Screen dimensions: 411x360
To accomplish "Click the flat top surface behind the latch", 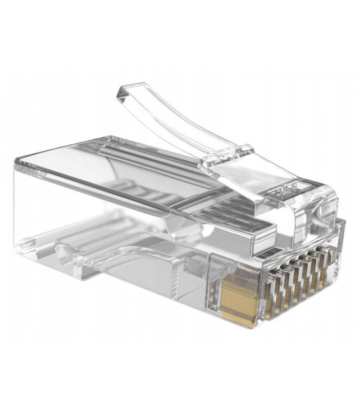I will [103, 154].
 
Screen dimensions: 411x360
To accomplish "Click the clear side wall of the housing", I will [103, 206].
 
